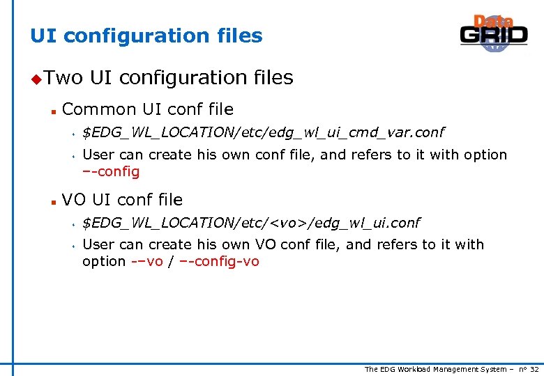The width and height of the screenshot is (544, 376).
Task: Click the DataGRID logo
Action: [x=494, y=33]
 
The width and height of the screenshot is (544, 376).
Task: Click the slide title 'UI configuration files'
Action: [x=146, y=36]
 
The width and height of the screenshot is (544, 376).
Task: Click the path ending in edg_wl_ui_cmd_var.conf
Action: [x=263, y=132]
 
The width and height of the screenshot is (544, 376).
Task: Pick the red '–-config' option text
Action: [x=111, y=171]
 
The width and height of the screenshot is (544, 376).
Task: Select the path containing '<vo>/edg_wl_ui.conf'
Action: [x=251, y=223]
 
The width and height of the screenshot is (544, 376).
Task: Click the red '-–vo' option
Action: [x=146, y=262]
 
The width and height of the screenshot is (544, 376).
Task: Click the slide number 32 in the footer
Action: [x=534, y=369]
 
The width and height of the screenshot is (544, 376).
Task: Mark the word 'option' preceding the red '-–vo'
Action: [x=104, y=262]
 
